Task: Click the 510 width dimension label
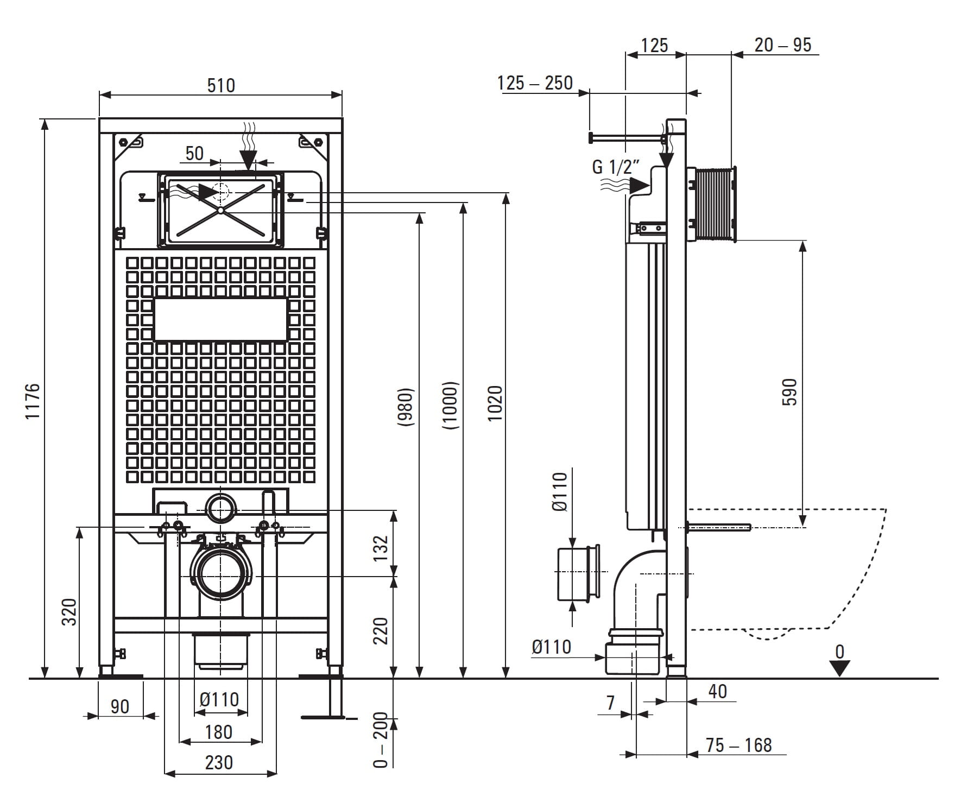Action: (221, 85)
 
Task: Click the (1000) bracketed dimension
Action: (450, 406)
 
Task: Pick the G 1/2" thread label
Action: (616, 167)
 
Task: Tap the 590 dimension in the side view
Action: (790, 391)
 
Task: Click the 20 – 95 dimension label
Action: (782, 45)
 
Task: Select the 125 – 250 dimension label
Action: (535, 83)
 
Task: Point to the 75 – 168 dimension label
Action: (738, 745)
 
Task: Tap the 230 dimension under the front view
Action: (219, 762)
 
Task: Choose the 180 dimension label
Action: (219, 732)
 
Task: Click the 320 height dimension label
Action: (69, 611)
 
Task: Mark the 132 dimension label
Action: (382, 545)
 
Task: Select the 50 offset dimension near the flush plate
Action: (194, 153)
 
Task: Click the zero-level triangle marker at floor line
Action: (839, 668)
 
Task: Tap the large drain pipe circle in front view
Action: (221, 574)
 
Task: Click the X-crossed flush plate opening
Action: (220, 210)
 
